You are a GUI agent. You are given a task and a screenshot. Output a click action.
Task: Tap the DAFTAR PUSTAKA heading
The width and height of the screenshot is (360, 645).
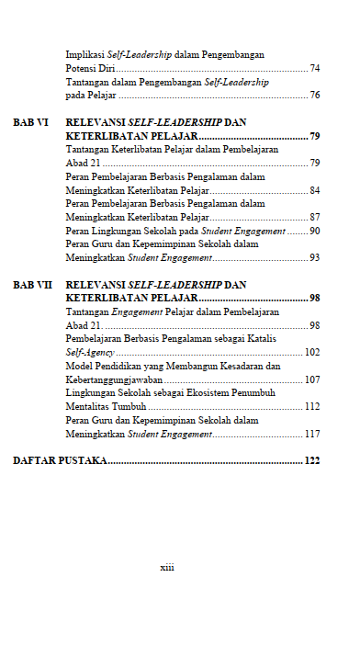coord(60,459)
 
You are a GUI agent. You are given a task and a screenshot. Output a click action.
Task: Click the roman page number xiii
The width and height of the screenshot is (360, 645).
coord(167,567)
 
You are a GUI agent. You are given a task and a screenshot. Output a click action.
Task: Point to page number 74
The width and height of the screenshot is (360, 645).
coord(314,68)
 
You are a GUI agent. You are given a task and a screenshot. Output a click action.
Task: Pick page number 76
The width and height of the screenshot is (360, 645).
coord(314,95)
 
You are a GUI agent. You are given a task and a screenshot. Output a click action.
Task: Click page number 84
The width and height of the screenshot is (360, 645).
coord(314,190)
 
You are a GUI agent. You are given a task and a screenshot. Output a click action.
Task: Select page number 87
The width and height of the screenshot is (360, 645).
coord(314,217)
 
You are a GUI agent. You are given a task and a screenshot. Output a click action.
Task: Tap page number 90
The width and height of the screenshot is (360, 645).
coord(314,231)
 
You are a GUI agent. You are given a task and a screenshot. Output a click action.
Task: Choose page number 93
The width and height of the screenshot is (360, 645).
coord(314,258)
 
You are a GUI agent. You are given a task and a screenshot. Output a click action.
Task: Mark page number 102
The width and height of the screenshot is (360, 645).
coord(312,352)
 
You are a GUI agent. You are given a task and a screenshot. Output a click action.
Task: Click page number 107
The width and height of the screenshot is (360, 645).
coord(312,379)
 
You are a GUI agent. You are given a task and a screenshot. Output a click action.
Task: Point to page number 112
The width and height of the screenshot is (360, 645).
coord(312,406)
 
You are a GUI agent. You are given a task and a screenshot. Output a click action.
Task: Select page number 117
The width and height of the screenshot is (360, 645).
coord(312,434)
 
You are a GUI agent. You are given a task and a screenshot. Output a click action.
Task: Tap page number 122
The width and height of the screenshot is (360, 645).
coord(312,459)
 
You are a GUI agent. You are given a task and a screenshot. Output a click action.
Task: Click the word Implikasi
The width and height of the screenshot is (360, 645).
coord(85,55)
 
